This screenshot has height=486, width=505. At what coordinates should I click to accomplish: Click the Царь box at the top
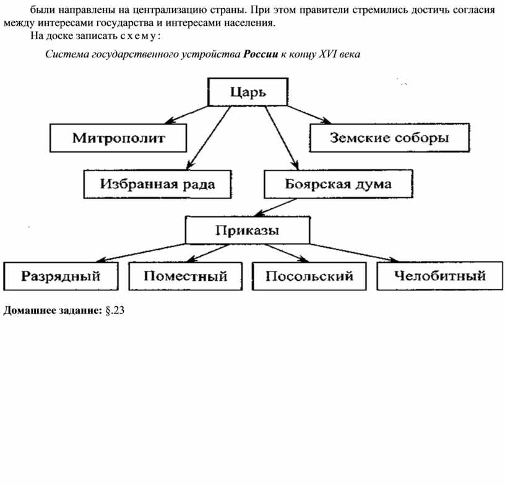248,92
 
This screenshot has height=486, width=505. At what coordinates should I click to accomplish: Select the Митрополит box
118,138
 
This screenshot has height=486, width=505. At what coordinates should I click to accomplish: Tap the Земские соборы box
389,138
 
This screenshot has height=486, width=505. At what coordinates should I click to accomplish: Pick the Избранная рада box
157,184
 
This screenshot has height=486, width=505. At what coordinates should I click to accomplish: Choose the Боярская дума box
338,184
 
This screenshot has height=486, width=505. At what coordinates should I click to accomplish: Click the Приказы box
248,230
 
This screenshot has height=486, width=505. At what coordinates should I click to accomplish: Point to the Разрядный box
61,276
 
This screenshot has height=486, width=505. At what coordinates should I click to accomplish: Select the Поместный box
186,276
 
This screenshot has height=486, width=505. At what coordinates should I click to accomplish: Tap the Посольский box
309,276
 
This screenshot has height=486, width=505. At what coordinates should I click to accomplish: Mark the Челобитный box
439,276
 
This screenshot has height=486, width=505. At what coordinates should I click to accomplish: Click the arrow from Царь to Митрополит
187,115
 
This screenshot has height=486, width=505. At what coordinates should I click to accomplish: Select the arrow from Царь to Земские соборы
309,115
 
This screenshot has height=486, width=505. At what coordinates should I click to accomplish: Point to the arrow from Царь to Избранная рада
209,138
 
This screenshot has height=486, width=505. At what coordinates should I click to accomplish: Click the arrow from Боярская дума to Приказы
275,207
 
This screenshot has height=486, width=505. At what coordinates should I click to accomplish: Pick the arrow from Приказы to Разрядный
140,253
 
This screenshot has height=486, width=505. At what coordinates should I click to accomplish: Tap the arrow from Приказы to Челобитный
354,253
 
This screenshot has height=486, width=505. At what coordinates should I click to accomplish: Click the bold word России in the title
260,54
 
